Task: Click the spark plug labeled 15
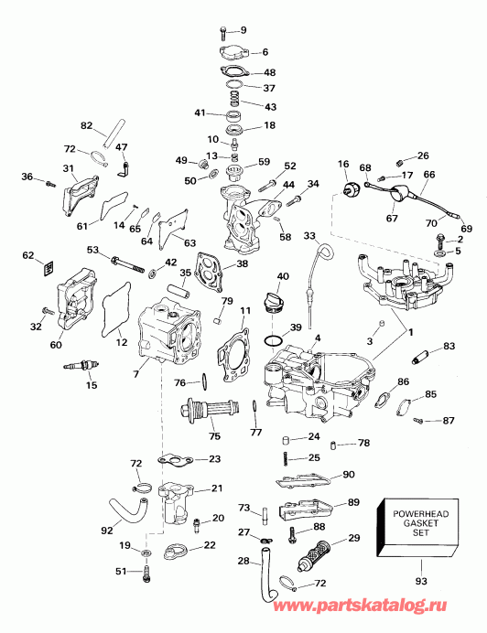[80, 368]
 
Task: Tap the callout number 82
[87, 125]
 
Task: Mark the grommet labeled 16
[348, 189]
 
